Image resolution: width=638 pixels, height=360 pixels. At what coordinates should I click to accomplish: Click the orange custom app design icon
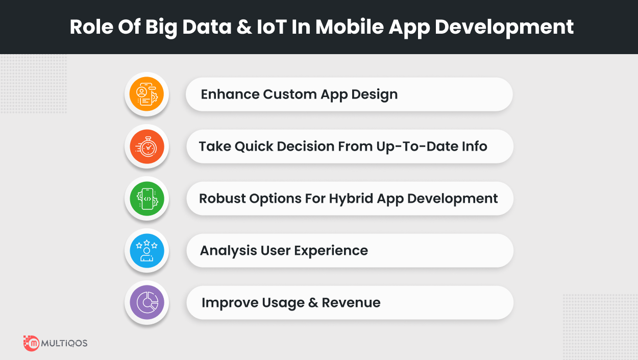(146, 94)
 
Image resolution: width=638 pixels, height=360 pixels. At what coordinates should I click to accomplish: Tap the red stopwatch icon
(147, 147)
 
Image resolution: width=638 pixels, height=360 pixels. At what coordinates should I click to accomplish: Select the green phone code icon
(147, 199)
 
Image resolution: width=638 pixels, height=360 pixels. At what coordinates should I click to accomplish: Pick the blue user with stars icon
(147, 251)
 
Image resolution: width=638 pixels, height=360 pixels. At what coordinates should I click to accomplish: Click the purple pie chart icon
(147, 302)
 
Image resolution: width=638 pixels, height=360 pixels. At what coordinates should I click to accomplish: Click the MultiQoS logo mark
(31, 343)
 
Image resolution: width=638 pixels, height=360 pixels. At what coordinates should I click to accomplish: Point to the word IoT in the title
(272, 27)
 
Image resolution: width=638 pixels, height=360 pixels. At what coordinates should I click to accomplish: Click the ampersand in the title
(244, 27)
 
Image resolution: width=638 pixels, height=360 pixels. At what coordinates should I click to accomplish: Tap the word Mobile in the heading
(350, 27)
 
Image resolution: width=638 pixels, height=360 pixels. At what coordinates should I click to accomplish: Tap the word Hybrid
(351, 199)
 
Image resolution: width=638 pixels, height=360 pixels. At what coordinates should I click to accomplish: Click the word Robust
(222, 199)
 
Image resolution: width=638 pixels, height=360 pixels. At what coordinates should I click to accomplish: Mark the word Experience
(331, 251)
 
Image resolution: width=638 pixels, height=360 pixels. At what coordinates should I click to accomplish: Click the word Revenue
(351, 303)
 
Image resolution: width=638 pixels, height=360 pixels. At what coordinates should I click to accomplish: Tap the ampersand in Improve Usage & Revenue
(313, 303)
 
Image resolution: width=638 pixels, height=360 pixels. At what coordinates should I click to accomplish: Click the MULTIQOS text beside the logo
(64, 343)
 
